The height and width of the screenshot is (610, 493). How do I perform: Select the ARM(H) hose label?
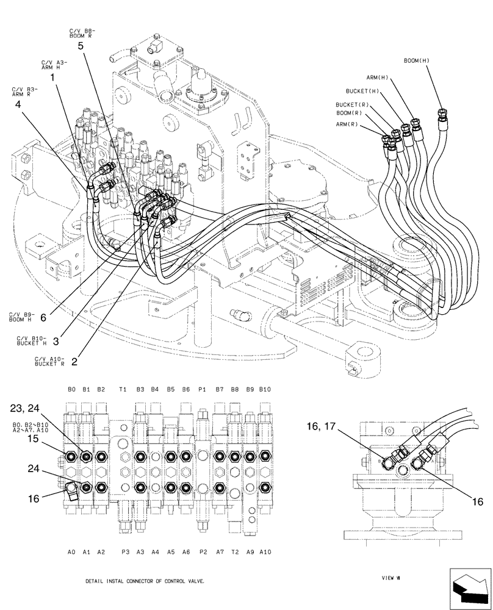377,77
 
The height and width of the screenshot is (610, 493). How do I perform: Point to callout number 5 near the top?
81,45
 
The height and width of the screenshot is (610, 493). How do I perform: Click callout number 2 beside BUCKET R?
74,361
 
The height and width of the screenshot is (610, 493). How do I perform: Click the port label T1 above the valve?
123,389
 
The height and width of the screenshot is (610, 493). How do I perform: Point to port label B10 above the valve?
265,389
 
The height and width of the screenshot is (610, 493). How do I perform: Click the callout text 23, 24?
26,408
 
